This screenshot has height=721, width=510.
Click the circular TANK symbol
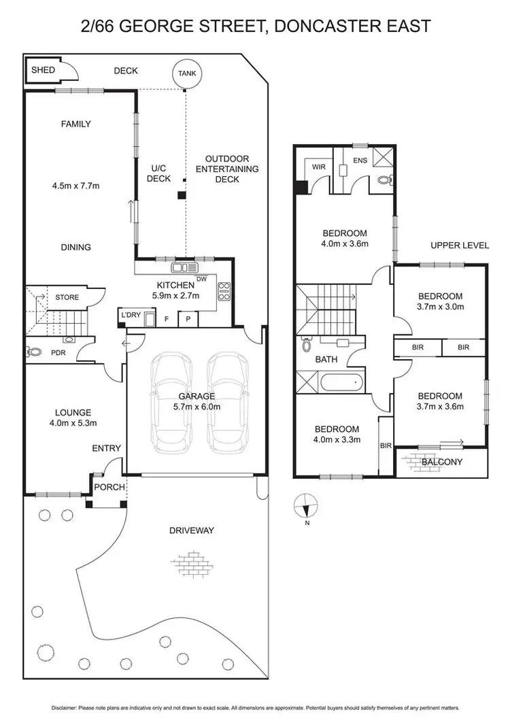tap(186, 74)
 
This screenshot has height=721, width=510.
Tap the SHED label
tap(43, 70)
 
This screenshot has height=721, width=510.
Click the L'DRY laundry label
tap(131, 315)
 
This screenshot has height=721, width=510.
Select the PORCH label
tap(107, 487)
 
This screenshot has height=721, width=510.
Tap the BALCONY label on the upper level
tap(442, 463)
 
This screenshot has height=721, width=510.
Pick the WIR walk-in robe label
tap(319, 167)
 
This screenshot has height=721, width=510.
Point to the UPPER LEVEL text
tap(459, 246)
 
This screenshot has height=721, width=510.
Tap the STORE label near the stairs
tap(67, 297)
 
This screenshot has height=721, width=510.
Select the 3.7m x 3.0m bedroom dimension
tap(440, 307)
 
